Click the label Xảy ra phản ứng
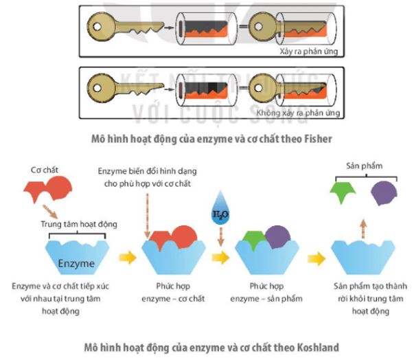[308, 52]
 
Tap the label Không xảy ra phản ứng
[299, 111]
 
